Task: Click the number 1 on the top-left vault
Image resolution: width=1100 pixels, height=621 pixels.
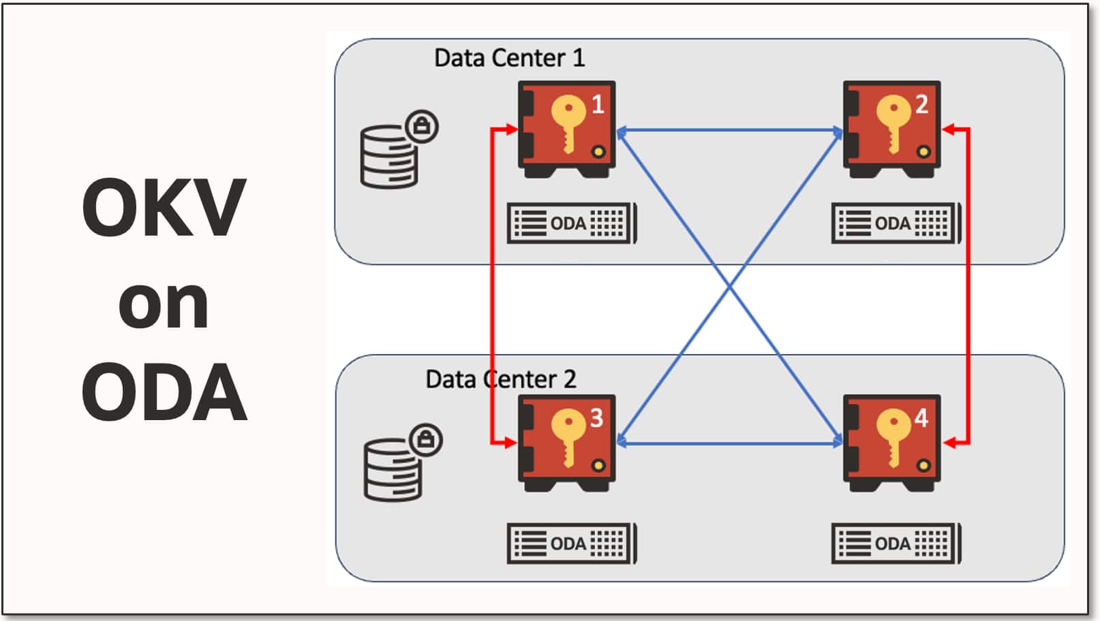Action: (597, 104)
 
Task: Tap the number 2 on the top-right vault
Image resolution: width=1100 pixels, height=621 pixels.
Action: (921, 104)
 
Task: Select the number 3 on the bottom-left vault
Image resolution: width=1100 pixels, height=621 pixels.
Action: (596, 417)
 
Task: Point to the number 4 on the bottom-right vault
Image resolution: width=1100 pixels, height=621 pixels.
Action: (921, 417)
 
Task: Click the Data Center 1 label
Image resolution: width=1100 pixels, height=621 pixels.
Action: (509, 58)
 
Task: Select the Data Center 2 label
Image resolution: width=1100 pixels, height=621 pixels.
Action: (500, 379)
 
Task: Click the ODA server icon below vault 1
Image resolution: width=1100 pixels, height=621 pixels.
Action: (572, 223)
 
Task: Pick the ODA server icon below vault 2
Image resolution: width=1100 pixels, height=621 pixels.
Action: (896, 223)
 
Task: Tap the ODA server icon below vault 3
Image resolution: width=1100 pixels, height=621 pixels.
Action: (572, 543)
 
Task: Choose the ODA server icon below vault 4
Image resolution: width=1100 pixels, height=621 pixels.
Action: (896, 543)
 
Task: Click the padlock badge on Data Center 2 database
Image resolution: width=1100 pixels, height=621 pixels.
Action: (427, 440)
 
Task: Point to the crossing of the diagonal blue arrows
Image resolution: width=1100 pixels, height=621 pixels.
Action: (730, 287)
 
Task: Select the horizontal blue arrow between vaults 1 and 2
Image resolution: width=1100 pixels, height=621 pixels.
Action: (730, 129)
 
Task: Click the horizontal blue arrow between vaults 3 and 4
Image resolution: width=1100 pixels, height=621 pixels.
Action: (730, 443)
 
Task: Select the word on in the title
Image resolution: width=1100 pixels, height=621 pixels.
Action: (164, 304)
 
